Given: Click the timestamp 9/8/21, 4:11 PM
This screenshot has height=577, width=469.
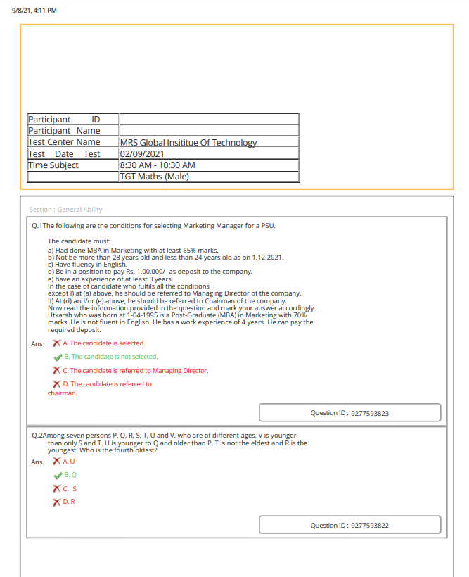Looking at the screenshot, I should (x=34, y=10).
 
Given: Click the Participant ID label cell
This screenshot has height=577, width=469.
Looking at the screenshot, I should (x=72, y=119).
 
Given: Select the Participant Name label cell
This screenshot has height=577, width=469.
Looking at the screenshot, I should (x=72, y=130).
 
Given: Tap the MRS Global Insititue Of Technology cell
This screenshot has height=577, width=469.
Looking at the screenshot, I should (x=188, y=142).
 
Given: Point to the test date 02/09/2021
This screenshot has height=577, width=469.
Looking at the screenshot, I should (x=143, y=153).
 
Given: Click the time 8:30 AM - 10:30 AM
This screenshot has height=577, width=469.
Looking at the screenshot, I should (x=158, y=165).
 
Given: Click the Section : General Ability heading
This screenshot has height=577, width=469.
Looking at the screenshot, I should (x=65, y=210).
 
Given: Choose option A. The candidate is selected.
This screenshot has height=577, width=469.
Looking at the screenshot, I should (x=103, y=343).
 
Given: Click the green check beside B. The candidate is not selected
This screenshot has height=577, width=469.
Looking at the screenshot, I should (x=58, y=357).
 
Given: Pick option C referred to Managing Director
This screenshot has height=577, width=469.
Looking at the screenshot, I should (x=135, y=371).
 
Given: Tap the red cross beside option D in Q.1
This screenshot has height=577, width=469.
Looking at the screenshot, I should (x=58, y=384).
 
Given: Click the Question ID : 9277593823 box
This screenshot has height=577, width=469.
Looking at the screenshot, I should (x=349, y=413).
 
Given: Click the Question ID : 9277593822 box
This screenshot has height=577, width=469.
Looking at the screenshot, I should (x=349, y=525).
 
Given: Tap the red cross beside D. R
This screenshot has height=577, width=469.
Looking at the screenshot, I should (x=58, y=502).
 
